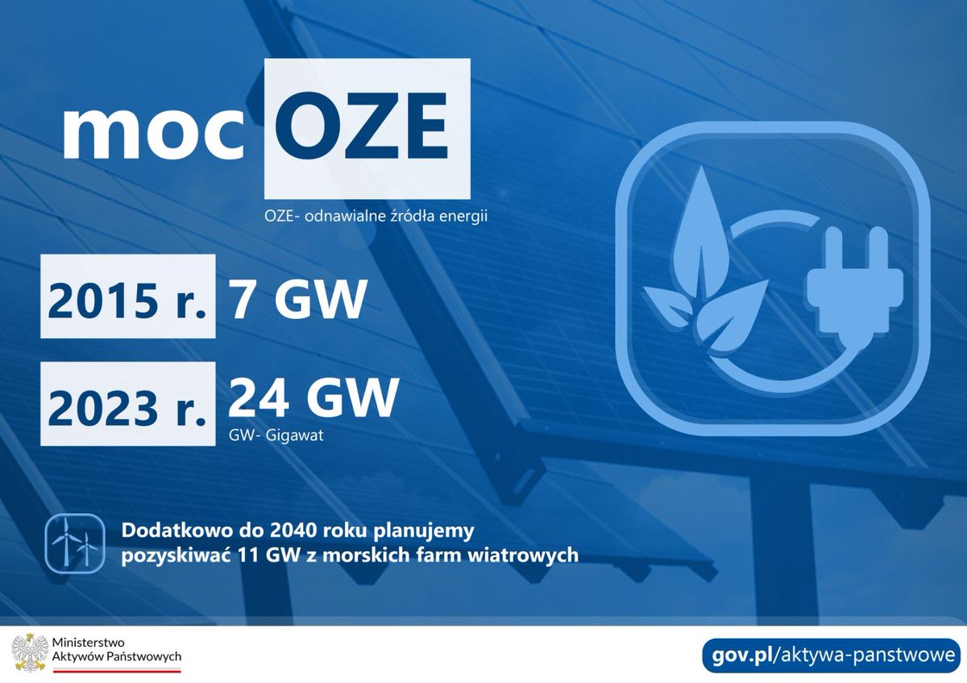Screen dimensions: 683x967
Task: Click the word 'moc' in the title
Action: tap(153, 131)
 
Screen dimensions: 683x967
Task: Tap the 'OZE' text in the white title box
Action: tap(367, 129)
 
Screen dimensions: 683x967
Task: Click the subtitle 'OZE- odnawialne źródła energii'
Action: tap(376, 217)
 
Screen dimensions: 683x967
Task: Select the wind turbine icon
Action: tap(74, 543)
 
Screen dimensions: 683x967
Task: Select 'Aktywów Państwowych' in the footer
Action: tap(116, 657)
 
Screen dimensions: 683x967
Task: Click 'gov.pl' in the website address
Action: tap(741, 653)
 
